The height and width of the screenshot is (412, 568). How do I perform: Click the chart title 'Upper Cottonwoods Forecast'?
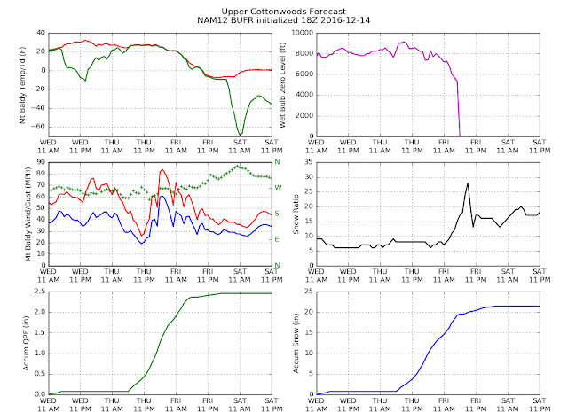click(x=284, y=12)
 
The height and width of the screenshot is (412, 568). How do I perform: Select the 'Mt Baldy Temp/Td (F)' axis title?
click(x=23, y=85)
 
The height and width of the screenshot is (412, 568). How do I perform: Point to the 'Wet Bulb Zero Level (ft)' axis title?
click(x=282, y=85)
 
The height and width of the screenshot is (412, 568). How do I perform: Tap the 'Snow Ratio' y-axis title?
click(x=296, y=214)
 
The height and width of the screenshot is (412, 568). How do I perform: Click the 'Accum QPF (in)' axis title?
click(x=26, y=343)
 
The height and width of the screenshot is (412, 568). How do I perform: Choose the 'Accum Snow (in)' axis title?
click(x=296, y=343)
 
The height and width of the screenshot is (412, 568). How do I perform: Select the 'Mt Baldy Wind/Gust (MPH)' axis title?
click(x=28, y=214)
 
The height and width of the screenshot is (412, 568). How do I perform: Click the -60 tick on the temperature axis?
click(x=39, y=127)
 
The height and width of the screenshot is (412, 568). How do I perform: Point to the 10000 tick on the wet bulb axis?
click(x=303, y=33)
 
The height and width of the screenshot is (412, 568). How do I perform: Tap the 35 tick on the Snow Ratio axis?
click(x=309, y=162)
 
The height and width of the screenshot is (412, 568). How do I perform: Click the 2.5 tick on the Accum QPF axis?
click(x=40, y=292)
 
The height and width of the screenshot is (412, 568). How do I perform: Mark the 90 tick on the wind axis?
click(x=42, y=162)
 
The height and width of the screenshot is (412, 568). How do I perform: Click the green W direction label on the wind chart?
click(x=278, y=188)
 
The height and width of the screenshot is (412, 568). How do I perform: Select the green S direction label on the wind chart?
click(x=277, y=214)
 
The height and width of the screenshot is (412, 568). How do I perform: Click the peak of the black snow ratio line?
click(x=468, y=183)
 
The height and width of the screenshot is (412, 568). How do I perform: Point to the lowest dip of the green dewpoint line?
click(x=240, y=136)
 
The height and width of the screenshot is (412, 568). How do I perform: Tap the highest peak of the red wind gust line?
click(x=162, y=169)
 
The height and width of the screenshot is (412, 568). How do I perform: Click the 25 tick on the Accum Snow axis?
click(x=309, y=292)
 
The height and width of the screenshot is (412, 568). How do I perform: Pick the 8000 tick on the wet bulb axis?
click(x=304, y=53)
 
